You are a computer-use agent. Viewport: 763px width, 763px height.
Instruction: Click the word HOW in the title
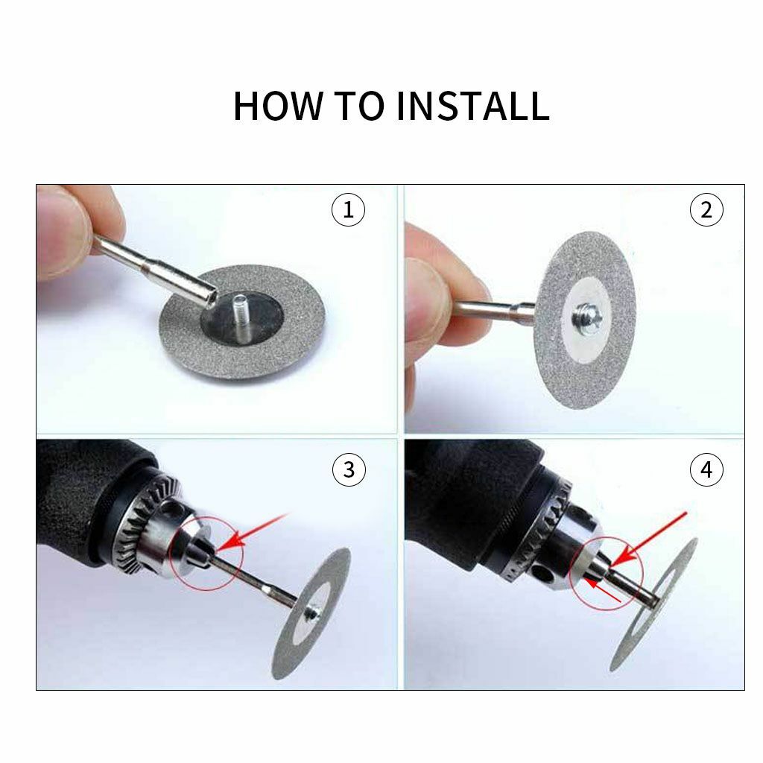[x=278, y=105]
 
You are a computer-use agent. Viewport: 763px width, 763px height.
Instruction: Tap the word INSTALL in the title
[x=473, y=105]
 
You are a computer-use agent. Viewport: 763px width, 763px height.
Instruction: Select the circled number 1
[x=348, y=209]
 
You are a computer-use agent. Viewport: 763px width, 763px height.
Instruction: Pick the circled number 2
[x=706, y=209]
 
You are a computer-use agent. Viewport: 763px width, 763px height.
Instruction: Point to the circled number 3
[x=349, y=469]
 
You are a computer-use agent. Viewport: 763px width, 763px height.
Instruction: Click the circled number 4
[x=706, y=469]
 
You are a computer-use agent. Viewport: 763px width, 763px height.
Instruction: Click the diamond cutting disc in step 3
[x=311, y=613]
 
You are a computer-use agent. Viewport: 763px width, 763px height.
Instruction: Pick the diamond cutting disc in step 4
[x=654, y=604]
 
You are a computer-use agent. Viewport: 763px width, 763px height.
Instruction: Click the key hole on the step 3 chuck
[x=169, y=510]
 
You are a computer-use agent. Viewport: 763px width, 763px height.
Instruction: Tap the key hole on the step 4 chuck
[x=543, y=574]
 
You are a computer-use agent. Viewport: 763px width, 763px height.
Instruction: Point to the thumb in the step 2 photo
[x=427, y=302]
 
